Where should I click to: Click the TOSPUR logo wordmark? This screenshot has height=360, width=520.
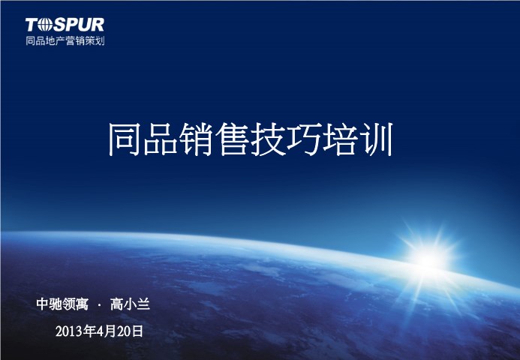pos(65,25)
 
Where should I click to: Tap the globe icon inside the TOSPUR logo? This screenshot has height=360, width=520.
pos(45,25)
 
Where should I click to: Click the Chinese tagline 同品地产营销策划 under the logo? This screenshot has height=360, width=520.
pos(65,40)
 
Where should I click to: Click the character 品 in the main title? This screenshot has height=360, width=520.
pos(161,139)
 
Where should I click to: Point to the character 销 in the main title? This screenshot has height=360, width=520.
pos(197,139)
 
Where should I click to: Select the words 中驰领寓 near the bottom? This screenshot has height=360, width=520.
pos(62,304)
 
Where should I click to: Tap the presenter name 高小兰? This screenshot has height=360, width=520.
pos(130,304)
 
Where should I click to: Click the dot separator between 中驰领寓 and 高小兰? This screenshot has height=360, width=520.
pos(99,304)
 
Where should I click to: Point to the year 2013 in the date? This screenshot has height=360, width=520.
pos(69,331)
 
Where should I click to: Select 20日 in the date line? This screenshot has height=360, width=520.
pos(130,331)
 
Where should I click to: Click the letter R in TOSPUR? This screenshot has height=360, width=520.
pos(97,25)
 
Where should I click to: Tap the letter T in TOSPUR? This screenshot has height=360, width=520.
pos(32,25)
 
